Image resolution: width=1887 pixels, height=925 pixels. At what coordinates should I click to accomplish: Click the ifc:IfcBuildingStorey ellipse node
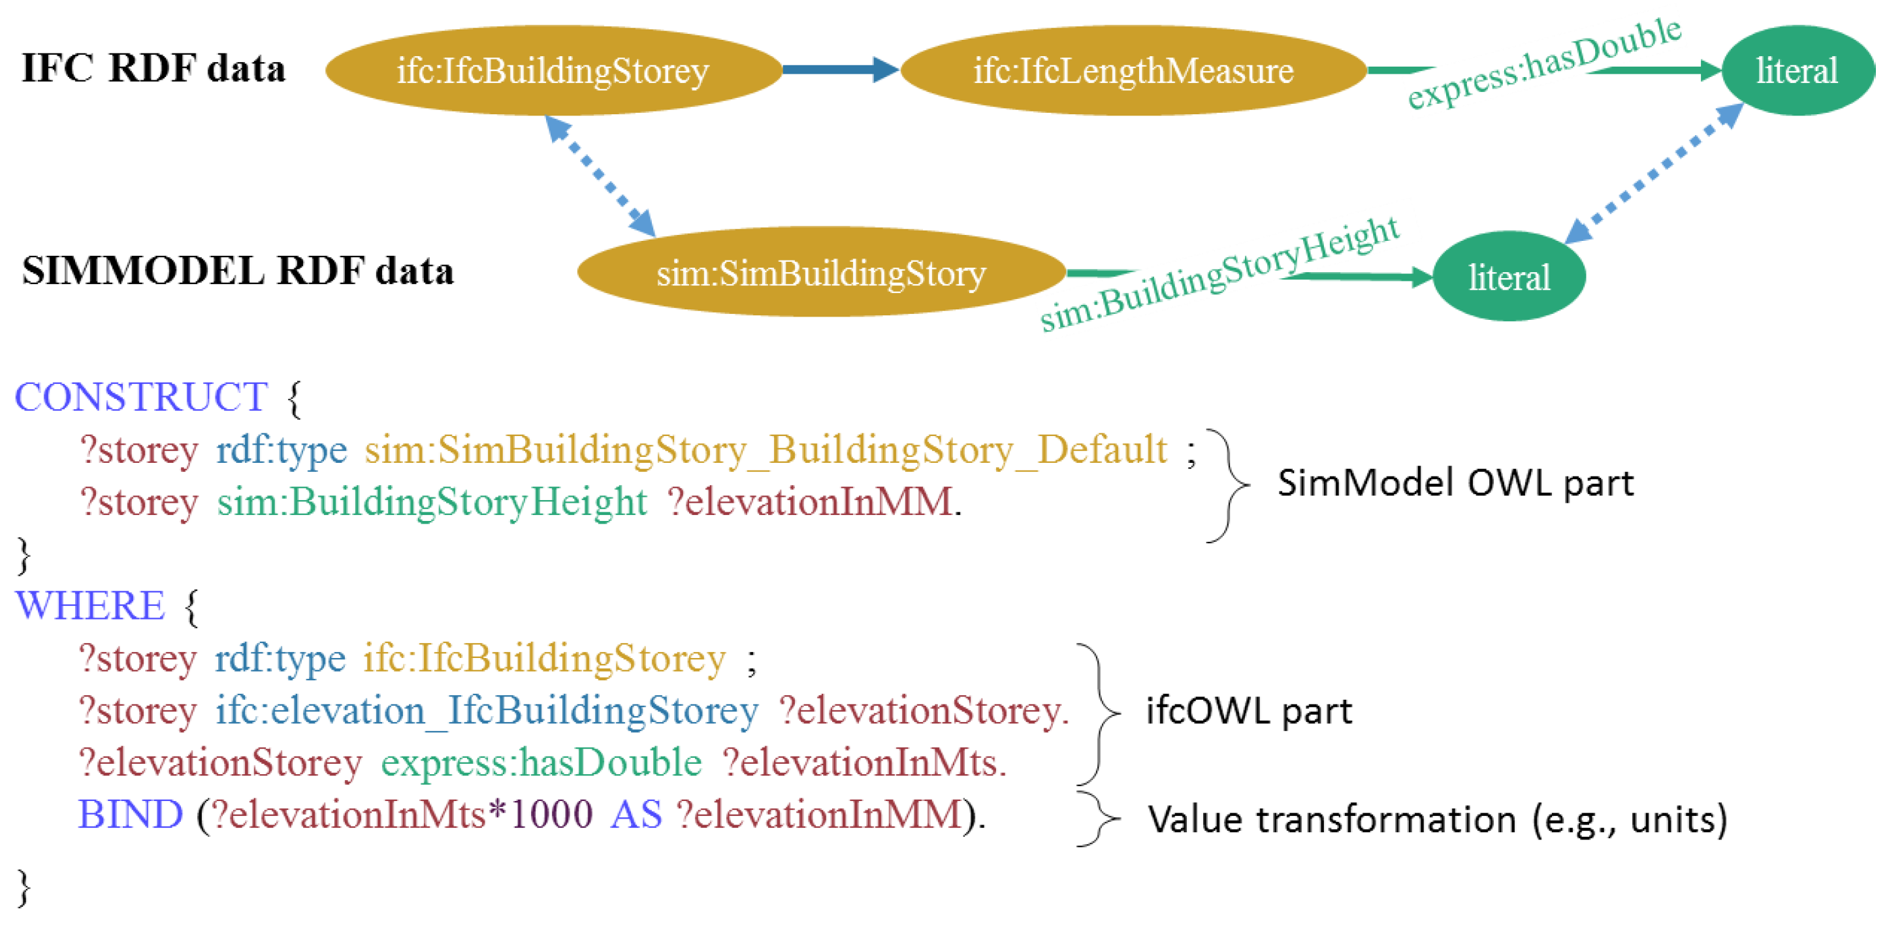pos(553,71)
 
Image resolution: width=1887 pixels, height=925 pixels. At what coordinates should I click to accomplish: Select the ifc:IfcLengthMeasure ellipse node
pos(1133,71)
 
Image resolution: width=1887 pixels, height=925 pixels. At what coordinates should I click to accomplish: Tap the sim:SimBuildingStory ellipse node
pos(820,272)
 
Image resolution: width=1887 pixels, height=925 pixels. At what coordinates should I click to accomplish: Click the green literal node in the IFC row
pos(1796,71)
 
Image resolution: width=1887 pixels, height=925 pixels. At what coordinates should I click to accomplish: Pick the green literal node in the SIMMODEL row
pos(1508,277)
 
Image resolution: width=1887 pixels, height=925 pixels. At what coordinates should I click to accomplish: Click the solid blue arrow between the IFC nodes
pos(839,70)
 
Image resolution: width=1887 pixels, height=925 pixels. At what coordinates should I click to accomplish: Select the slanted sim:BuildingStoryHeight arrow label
pos(1219,275)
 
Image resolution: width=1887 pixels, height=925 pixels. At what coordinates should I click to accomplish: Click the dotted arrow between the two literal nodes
pos(1654,174)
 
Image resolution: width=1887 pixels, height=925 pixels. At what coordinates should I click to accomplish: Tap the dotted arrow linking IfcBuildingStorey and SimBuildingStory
pos(600,176)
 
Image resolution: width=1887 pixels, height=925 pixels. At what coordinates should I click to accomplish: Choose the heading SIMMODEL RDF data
pos(237,270)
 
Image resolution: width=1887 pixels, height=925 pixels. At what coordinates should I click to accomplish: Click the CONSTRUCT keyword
pos(140,397)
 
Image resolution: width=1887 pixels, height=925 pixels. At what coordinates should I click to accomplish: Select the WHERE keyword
pos(90,606)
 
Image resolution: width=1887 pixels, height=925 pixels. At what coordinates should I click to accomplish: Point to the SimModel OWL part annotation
pos(1455,483)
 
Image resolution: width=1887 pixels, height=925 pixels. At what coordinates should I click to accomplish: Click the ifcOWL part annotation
pos(1248,710)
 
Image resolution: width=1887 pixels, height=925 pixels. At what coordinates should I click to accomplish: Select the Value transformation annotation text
pos(1436,819)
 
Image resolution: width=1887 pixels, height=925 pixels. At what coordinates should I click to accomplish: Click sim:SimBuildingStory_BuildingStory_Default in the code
pos(766,450)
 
